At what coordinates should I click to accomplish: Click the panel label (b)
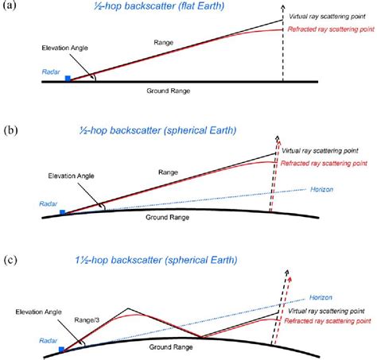[10, 127]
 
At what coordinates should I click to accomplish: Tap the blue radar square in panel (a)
[69, 79]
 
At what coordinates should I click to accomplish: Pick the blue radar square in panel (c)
[63, 347]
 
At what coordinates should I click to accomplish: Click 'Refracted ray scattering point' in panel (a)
[328, 30]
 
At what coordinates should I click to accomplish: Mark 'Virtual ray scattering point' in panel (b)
[321, 150]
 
